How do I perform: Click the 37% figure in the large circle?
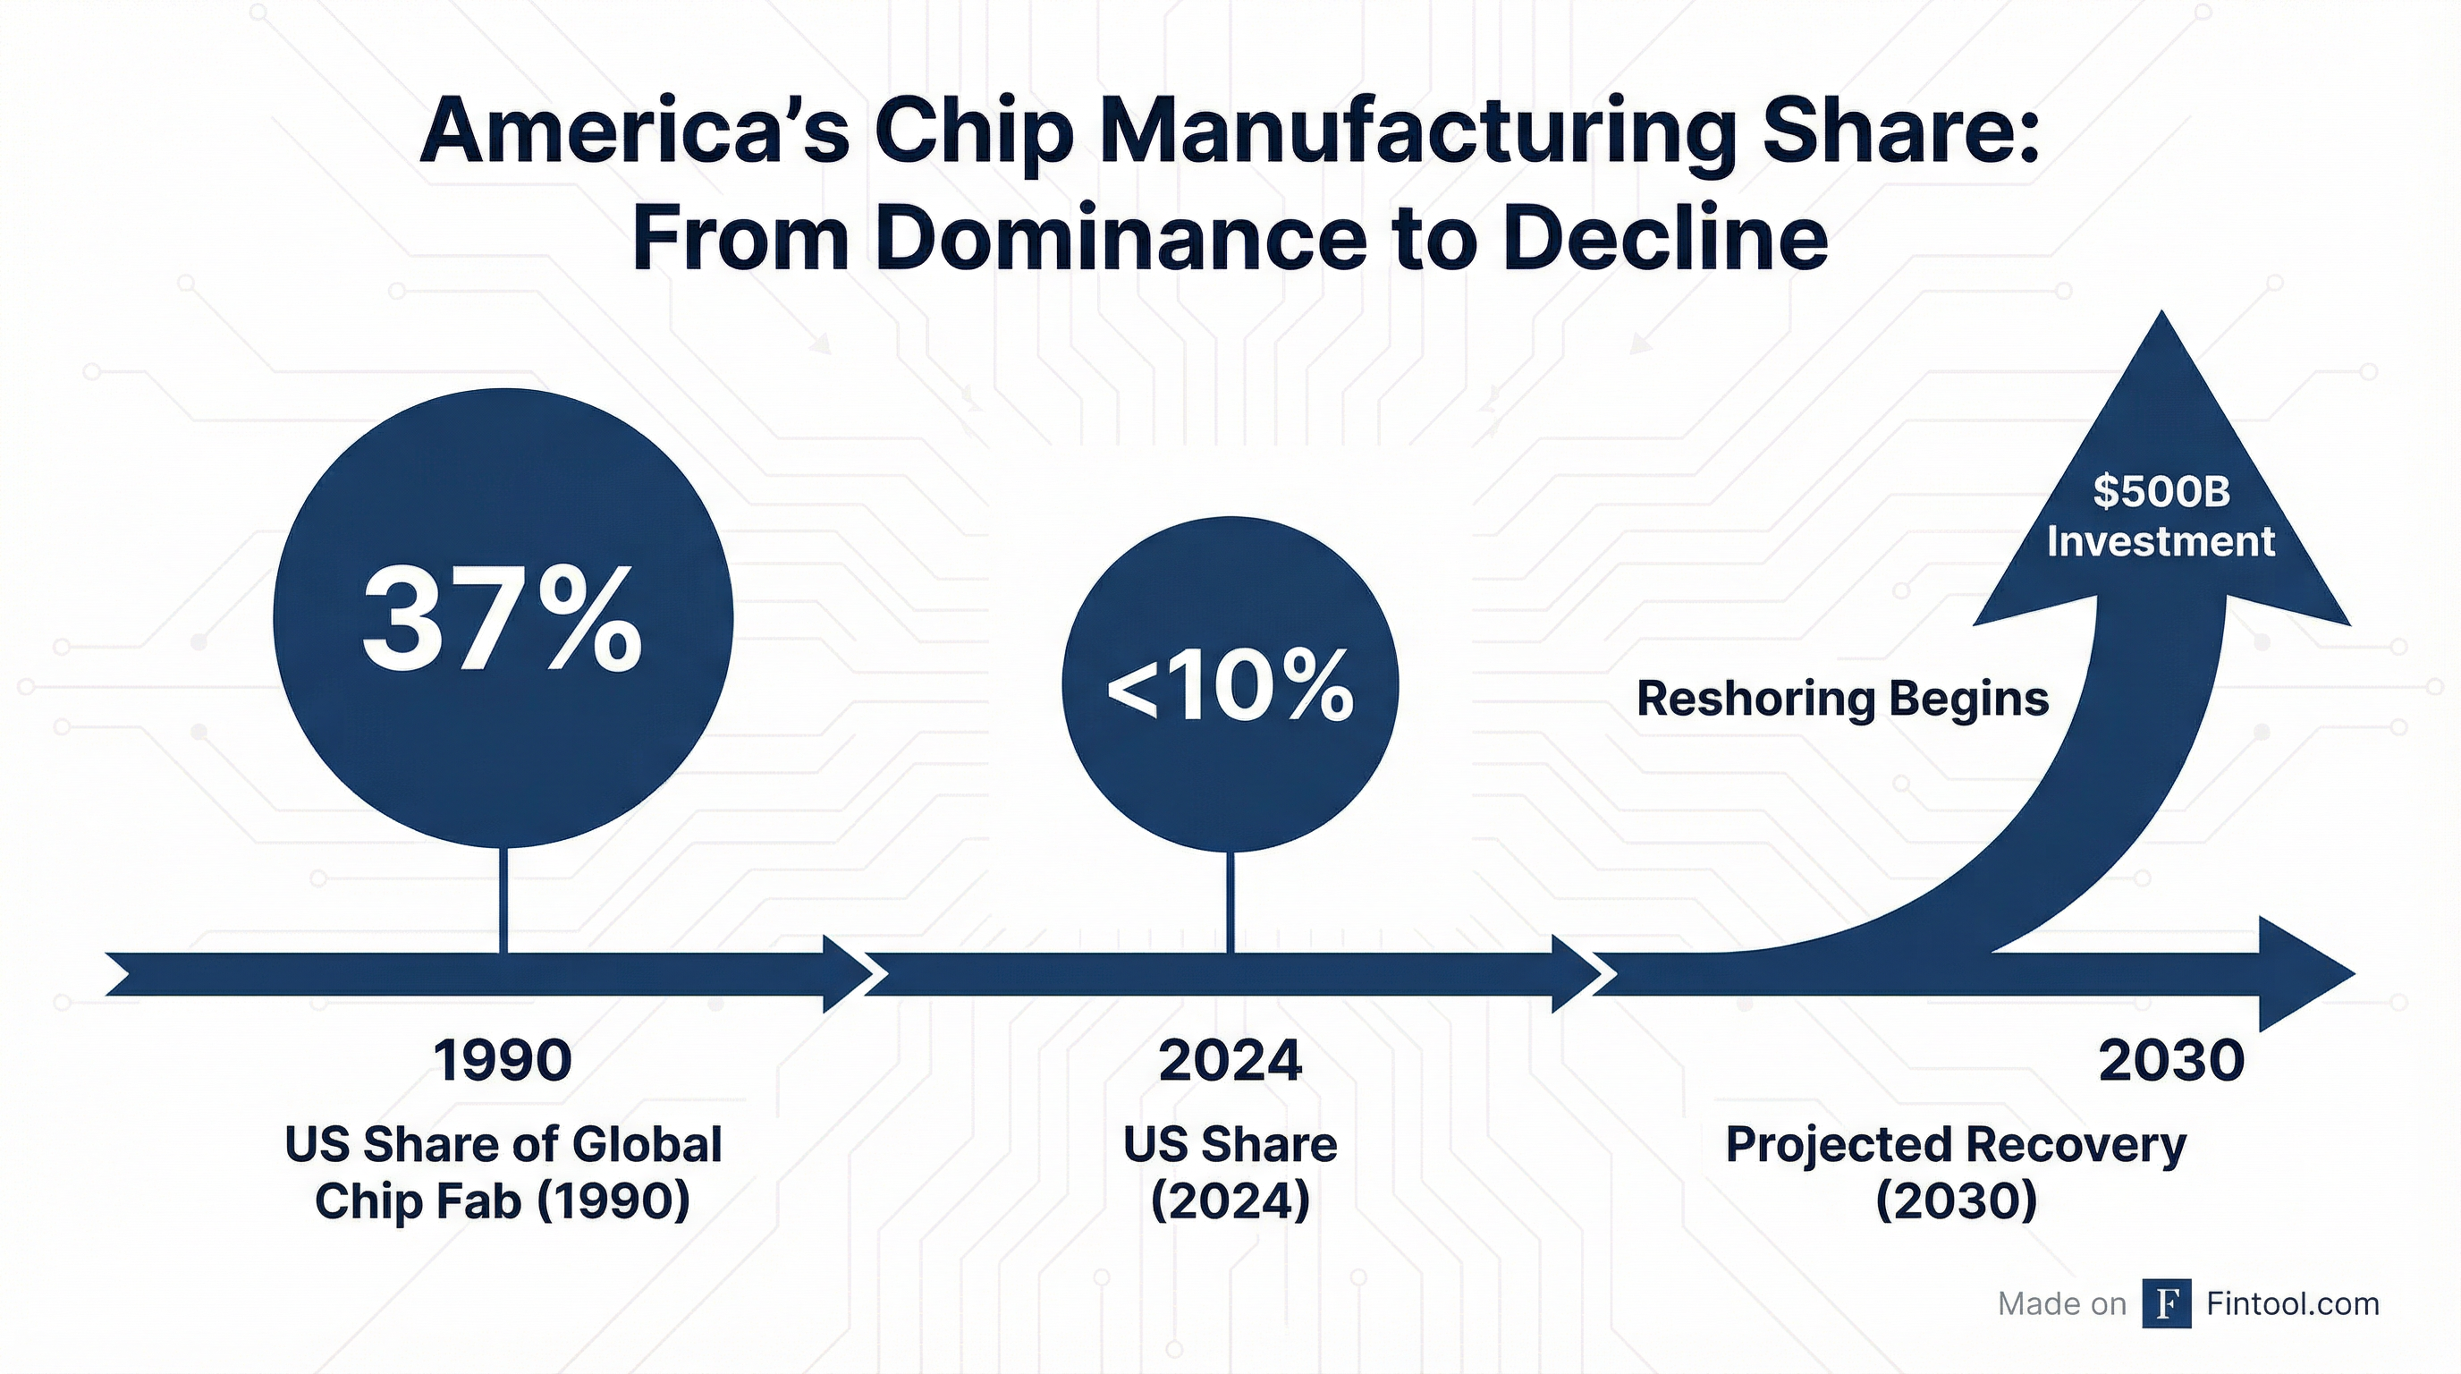click(502, 619)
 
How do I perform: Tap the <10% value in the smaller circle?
click(1230, 687)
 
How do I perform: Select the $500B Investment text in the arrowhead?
click(2161, 517)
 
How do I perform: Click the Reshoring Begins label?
click(1843, 699)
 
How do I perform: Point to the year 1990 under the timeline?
click(503, 1060)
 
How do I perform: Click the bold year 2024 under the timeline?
click(1230, 1060)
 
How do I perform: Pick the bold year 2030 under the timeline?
click(2170, 1060)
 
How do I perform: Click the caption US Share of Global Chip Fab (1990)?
click(503, 1173)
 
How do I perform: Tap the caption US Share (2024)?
click(1230, 1173)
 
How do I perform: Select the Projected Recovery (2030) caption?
click(1956, 1173)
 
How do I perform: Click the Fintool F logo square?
click(2167, 1303)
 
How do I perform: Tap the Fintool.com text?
click(2293, 1303)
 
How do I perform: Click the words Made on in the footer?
click(2061, 1304)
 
